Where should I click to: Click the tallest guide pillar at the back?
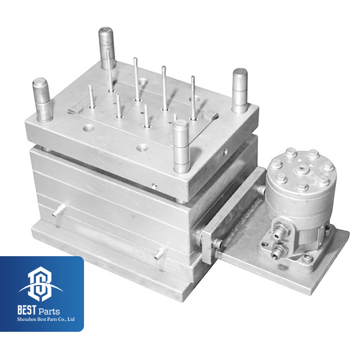click(107, 48)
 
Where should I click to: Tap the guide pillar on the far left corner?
click(43, 100)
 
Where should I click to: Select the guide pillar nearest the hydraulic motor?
click(240, 91)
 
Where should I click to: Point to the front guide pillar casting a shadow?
click(182, 146)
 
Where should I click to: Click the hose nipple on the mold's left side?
click(58, 211)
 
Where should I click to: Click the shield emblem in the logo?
click(41, 284)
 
